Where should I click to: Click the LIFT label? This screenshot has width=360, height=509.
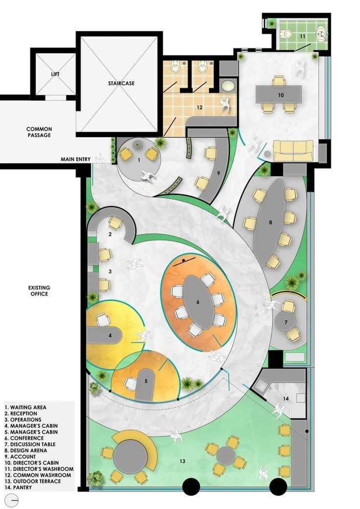click(55, 74)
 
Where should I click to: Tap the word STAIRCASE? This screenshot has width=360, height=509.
click(121, 83)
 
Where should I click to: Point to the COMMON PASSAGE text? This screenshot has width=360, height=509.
click(39, 132)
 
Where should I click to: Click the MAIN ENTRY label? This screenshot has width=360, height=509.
click(75, 160)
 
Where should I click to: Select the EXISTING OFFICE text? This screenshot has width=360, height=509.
click(39, 291)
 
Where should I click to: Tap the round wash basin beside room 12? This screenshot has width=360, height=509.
click(228, 85)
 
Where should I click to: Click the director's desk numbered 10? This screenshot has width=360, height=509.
click(279, 94)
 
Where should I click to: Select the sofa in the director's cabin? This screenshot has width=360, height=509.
click(293, 151)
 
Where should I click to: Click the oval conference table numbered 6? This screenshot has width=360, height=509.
click(198, 302)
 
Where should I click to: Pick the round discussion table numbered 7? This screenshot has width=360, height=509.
click(286, 322)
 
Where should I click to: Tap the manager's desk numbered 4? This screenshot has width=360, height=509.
click(104, 335)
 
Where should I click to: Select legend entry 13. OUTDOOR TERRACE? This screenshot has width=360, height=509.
click(33, 482)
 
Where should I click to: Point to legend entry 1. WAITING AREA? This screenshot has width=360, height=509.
click(25, 407)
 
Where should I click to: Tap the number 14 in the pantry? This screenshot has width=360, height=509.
click(286, 398)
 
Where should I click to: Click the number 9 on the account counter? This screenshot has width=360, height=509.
click(218, 173)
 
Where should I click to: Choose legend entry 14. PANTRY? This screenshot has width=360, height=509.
click(18, 487)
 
